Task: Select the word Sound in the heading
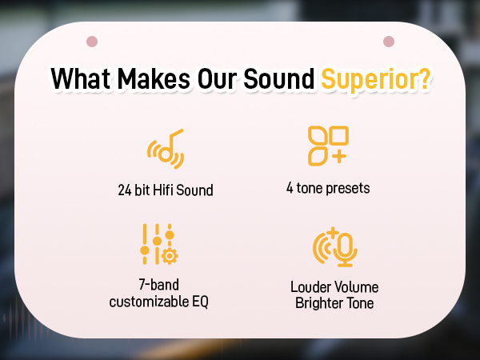[x=277, y=81]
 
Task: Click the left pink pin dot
[x=92, y=41]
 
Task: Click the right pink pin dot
[x=389, y=41]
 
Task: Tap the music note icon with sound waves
[x=166, y=149]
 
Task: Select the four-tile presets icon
[x=328, y=145]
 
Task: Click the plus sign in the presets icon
[x=339, y=155]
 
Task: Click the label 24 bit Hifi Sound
[x=165, y=190]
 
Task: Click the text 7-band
[x=159, y=286]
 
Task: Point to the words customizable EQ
[x=159, y=301]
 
